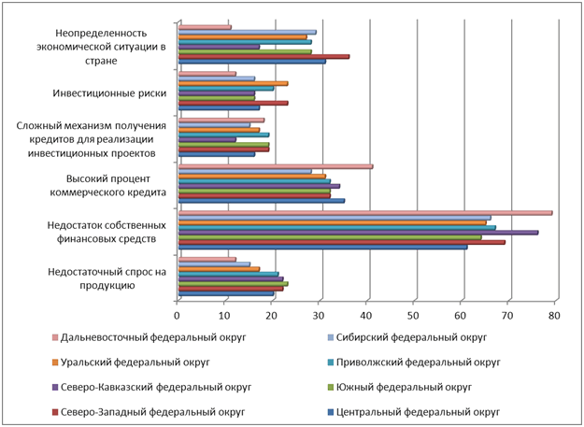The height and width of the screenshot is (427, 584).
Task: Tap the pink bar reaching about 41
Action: coord(276,166)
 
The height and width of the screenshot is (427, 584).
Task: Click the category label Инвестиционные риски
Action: coord(108,93)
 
